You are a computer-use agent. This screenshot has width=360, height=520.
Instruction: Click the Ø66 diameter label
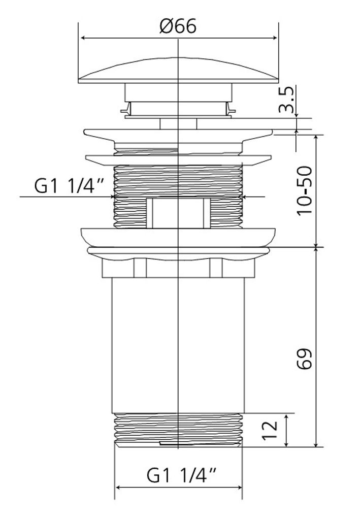[x=178, y=26]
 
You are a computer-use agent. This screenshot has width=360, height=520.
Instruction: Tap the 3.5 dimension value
[x=286, y=100]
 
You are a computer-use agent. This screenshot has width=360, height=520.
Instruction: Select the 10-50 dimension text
[x=304, y=190]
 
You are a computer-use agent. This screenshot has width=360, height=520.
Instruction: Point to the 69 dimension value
[x=304, y=359]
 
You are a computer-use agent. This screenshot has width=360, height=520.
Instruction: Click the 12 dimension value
[x=270, y=431]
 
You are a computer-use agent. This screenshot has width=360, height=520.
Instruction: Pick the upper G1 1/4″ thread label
[x=69, y=186]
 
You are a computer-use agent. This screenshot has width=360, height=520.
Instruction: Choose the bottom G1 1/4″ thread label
[x=181, y=475]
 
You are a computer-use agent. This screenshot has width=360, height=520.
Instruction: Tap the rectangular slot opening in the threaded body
[x=178, y=213]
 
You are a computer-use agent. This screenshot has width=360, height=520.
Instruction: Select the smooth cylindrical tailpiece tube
[x=178, y=345]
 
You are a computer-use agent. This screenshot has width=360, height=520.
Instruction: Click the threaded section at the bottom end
[x=178, y=430]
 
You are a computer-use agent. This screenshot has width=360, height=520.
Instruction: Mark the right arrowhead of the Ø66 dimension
[x=274, y=38]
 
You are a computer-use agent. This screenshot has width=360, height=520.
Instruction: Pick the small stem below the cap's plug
[x=178, y=124]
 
